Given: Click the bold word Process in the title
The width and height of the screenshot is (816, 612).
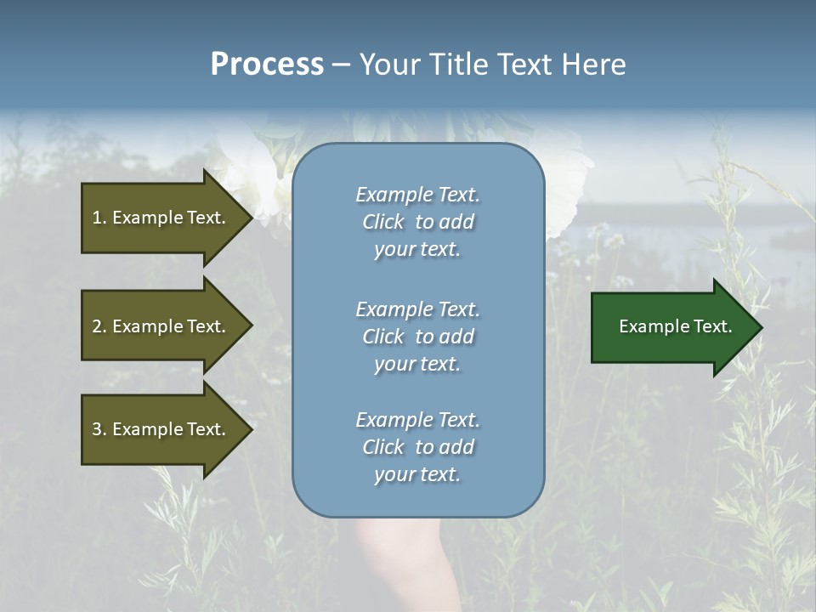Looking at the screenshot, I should coord(267,65).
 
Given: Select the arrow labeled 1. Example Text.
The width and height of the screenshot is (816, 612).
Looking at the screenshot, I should coord(158,218).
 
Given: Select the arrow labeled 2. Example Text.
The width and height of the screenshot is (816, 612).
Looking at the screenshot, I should coord(158,326).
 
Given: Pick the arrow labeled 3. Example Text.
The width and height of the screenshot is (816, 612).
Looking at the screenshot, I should coord(158,429).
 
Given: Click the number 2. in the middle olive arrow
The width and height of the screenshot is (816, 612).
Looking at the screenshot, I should coord(99,326).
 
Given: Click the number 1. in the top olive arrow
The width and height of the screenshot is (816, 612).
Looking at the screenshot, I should coord(99,218).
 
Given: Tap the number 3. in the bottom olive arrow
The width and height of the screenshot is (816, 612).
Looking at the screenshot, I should coord(99,429).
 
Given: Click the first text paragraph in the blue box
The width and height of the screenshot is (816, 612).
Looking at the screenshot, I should coord(417,222).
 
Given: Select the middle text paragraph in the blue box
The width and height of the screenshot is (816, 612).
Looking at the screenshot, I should coord(417,337).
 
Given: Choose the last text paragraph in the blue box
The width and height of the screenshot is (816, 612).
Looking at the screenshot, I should coord(417,447).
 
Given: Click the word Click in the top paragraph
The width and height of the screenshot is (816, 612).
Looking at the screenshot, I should coord(383,222).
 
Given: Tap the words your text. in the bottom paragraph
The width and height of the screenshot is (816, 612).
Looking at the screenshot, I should coord(417,474).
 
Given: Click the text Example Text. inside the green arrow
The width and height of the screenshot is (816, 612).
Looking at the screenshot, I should coord(675,326).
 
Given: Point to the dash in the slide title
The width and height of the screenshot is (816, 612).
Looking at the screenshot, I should coord(341,65).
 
